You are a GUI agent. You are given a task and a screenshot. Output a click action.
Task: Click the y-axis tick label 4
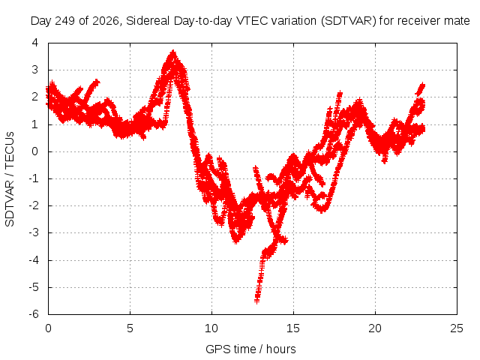35,43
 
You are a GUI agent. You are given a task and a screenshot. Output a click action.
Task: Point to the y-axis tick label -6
34,314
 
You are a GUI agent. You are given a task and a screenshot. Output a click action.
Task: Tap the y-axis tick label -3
34,232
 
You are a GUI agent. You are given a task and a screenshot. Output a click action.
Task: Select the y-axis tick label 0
35,151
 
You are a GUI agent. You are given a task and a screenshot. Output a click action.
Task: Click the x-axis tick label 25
457,328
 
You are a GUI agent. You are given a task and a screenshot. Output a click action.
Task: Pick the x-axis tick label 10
211,328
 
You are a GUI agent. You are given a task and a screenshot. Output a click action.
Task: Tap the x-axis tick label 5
130,328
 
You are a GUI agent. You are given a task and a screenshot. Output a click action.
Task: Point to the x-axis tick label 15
293,328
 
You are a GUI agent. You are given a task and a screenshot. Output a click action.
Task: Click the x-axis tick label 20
375,328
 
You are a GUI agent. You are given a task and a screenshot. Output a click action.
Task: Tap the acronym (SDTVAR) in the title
348,21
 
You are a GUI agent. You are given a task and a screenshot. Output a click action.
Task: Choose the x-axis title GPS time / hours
250,349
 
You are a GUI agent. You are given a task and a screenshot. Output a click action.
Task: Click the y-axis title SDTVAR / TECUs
10,179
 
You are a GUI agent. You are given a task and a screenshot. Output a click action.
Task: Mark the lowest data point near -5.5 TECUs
257,301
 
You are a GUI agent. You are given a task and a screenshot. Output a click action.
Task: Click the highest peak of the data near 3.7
173,52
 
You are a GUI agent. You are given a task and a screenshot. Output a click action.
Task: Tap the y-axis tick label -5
34,287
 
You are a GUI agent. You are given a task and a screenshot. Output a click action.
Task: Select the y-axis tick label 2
35,97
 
